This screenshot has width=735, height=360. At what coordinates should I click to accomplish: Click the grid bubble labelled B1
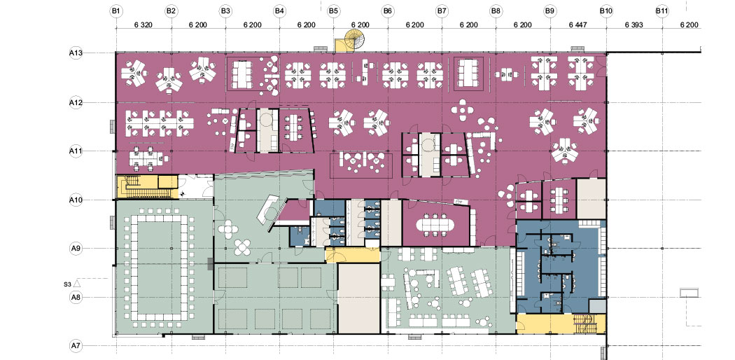117,11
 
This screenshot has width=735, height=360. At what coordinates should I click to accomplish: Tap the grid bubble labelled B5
333,11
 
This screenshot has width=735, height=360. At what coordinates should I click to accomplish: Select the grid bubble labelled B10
606,11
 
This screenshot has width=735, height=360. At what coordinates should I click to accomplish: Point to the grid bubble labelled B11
662,11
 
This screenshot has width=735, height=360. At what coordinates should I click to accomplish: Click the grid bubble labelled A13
76,53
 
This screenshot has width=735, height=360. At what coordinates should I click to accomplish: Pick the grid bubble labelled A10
76,200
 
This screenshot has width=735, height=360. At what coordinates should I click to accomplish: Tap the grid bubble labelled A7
76,346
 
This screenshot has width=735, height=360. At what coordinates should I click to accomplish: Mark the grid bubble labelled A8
76,297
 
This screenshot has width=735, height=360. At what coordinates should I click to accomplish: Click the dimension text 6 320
144,25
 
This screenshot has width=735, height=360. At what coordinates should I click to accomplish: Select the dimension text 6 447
577,25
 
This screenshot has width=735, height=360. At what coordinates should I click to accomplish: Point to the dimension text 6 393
633,25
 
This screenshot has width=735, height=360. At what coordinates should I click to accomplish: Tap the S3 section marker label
67,284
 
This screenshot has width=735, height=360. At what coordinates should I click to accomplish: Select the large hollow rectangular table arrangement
157,268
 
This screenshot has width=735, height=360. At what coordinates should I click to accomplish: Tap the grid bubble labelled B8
496,11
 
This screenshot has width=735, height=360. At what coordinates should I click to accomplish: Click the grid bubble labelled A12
76,102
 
